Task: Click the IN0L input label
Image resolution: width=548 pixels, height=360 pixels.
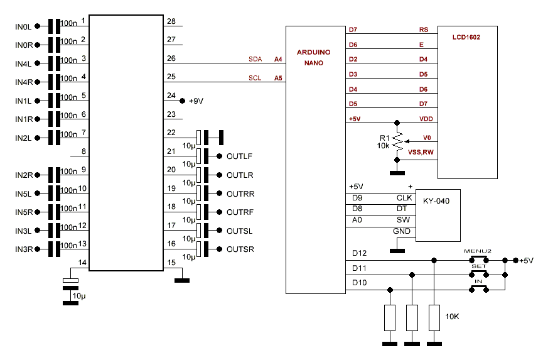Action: [x=23, y=26]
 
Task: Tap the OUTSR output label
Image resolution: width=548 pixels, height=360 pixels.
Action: [x=240, y=249]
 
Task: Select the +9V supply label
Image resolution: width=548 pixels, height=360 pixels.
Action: [x=196, y=101]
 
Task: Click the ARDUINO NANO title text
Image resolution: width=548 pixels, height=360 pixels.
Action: [x=314, y=58]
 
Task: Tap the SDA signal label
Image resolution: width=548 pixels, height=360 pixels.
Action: [x=255, y=59]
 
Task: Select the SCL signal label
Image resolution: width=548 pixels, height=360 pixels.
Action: [x=255, y=79]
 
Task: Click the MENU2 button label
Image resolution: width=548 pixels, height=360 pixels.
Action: [x=478, y=251]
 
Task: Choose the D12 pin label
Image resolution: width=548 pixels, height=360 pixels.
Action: [x=359, y=253]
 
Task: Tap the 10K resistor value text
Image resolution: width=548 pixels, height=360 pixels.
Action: [x=452, y=316]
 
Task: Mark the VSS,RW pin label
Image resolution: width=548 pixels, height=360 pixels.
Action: [x=419, y=152]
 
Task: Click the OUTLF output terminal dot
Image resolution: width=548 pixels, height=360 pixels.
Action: [x=220, y=156]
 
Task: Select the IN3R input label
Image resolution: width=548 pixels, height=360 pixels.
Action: [x=23, y=249]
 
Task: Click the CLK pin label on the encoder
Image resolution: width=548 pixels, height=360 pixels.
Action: [x=404, y=198]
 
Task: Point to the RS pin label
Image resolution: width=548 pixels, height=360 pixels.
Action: [x=424, y=30]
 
